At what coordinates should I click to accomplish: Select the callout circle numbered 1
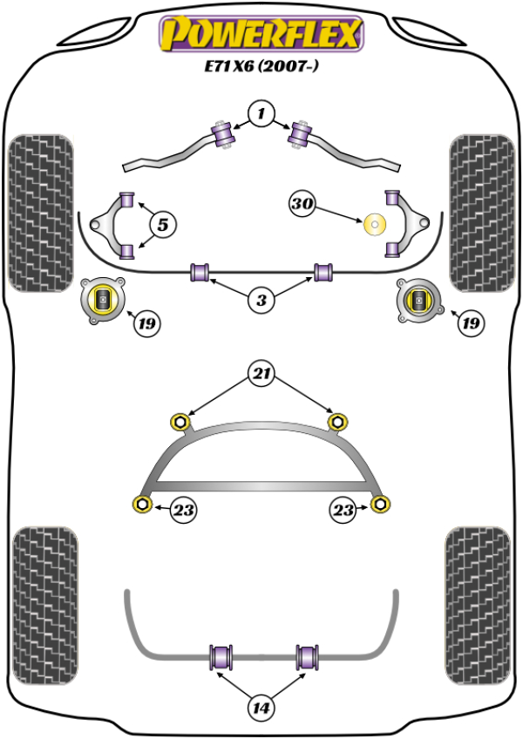tap(261, 112)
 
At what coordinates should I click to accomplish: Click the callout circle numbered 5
tap(162, 225)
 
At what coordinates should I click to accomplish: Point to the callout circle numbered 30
tap(302, 205)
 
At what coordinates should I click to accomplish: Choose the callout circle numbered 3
tap(261, 302)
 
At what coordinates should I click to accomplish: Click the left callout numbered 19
tap(146, 324)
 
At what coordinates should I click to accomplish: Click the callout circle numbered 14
tap(261, 708)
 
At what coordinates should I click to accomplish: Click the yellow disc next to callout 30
tap(376, 226)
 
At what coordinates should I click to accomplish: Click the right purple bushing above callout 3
tap(324, 271)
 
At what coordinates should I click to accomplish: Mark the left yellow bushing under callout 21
tap(180, 423)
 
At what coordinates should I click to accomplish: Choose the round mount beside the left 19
tap(103, 301)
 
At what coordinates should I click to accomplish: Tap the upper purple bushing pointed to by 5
tap(126, 198)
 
